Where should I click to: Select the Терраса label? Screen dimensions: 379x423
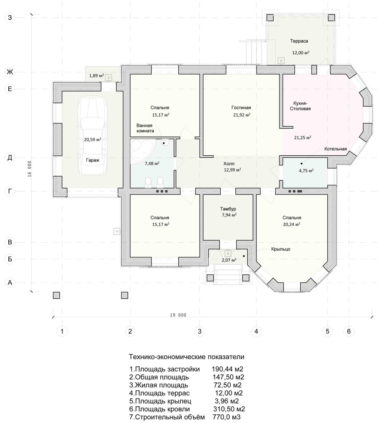click(x=299, y=41)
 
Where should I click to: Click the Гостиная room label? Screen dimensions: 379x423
click(x=241, y=108)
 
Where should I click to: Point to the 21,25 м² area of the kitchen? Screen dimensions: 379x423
click(x=303, y=137)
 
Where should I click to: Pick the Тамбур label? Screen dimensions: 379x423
click(x=228, y=209)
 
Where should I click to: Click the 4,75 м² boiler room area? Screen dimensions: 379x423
click(x=306, y=171)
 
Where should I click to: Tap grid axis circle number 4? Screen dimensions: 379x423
click(x=256, y=331)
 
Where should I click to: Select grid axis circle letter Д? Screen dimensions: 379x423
click(x=10, y=157)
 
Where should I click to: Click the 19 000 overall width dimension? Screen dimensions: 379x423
click(x=178, y=315)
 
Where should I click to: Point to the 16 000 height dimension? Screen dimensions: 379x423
click(x=30, y=169)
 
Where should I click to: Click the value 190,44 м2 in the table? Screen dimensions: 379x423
click(x=227, y=369)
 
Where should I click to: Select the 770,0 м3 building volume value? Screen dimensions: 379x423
click(x=227, y=417)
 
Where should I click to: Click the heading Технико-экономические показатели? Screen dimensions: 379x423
click(x=187, y=357)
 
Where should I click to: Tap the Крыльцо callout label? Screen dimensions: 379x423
click(x=281, y=249)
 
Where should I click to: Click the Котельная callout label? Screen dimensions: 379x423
click(x=336, y=149)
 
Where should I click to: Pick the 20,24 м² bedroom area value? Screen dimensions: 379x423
click(x=292, y=224)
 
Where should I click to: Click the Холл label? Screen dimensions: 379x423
click(x=229, y=164)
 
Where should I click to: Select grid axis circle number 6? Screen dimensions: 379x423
click(x=349, y=331)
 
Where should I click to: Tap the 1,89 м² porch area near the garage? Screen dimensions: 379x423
click(x=97, y=75)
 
